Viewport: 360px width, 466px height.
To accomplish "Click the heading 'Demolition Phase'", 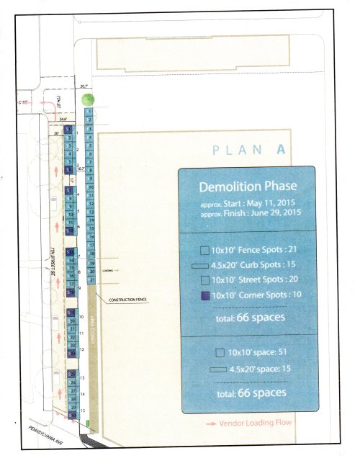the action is point(247,188).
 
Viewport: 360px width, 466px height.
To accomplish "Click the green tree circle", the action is point(87,100).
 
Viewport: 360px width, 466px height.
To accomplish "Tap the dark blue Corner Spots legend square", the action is point(204,295).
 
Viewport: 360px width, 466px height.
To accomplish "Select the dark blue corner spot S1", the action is point(68,129).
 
